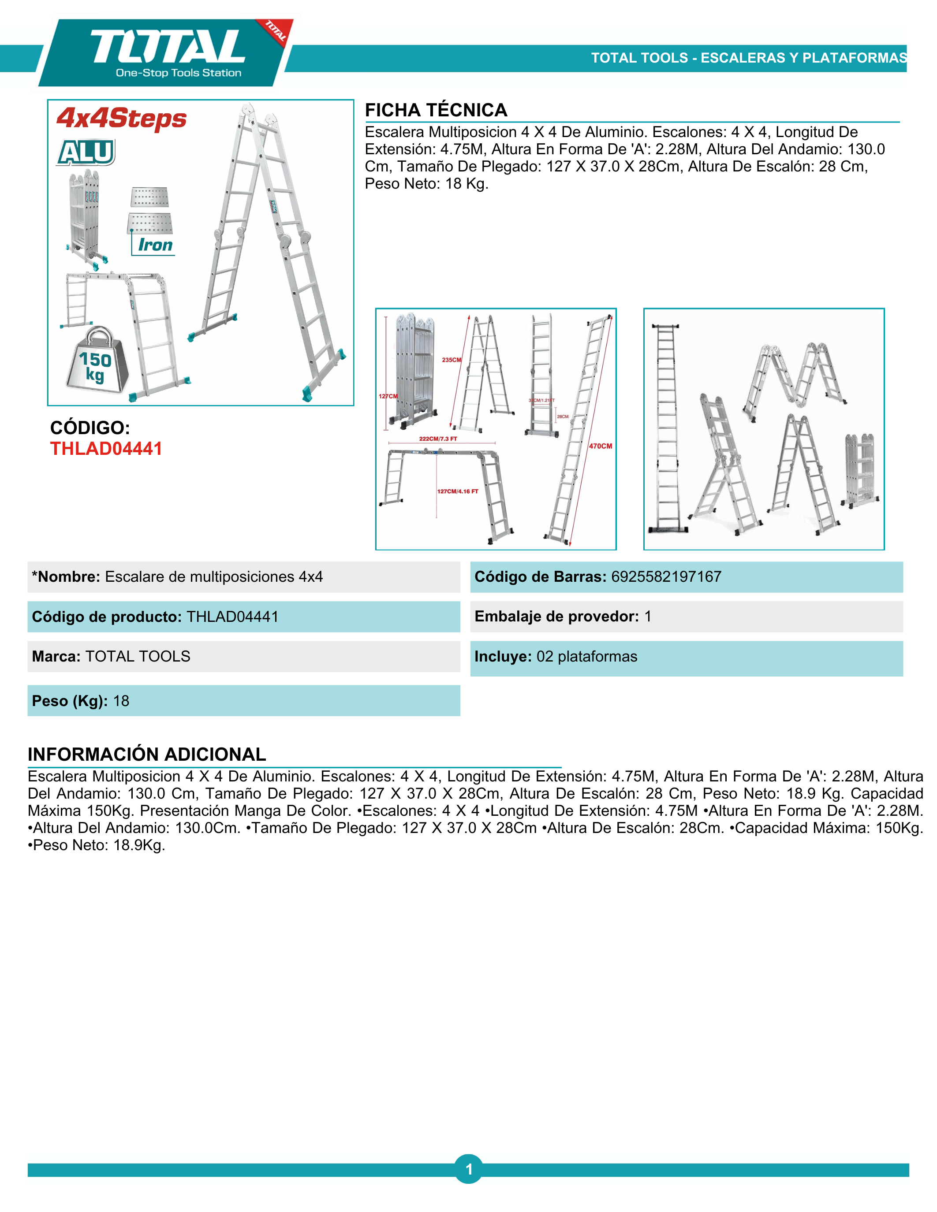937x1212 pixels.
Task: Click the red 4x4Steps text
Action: point(122,118)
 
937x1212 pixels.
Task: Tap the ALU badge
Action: point(86,152)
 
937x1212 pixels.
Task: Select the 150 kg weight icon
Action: point(96,362)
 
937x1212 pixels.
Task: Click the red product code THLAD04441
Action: point(106,448)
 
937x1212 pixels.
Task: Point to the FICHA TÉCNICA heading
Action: point(436,110)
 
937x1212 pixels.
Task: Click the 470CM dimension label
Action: point(600,446)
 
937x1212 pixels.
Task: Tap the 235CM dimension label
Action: point(451,360)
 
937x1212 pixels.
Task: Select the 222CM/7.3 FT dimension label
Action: point(438,439)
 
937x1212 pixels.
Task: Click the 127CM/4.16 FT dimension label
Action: point(457,491)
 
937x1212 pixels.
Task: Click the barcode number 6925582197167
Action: point(666,576)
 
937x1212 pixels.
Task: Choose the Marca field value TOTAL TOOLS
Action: point(138,657)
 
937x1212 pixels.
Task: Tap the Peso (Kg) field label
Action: point(69,701)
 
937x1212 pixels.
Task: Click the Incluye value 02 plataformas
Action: point(587,657)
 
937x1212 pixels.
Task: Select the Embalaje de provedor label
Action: point(556,617)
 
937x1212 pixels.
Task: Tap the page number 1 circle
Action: point(468,1169)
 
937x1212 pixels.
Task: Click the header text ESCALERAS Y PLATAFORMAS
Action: point(804,58)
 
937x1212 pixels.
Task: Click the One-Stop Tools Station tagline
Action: point(179,73)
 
